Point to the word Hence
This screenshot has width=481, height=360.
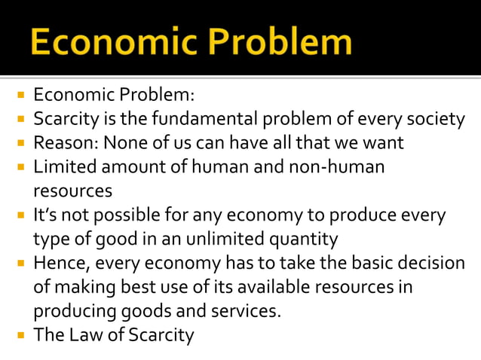60,263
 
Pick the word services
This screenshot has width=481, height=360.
246,310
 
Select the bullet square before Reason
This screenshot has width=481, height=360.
21,143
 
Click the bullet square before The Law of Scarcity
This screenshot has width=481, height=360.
21,335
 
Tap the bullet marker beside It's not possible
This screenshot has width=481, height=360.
21,216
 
